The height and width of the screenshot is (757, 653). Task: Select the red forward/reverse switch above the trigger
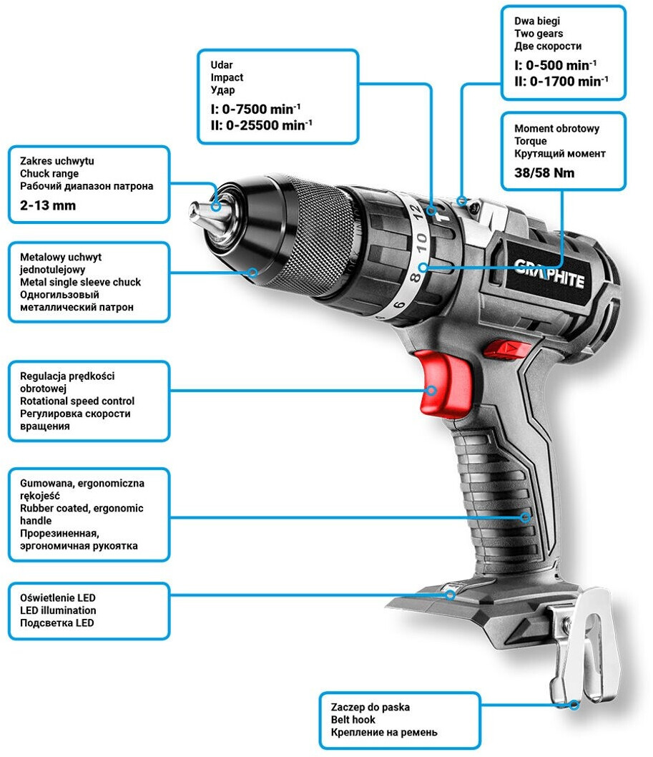(x=507, y=348)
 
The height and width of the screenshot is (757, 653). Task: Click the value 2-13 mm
(x=48, y=205)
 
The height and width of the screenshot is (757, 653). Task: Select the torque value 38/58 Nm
(x=544, y=173)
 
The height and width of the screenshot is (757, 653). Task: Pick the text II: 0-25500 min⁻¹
(x=261, y=125)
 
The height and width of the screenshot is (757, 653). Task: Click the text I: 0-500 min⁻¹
(x=556, y=65)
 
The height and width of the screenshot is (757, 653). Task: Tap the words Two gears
(x=539, y=34)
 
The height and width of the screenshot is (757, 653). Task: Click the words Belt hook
(x=353, y=719)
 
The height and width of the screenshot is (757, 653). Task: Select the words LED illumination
(x=58, y=610)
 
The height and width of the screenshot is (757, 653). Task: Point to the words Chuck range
(x=49, y=173)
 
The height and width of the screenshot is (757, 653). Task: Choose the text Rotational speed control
(x=77, y=401)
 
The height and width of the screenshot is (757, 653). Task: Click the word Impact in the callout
(x=227, y=77)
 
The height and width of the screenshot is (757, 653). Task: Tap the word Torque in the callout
(x=531, y=141)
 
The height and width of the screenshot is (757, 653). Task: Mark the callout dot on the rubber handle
(x=525, y=517)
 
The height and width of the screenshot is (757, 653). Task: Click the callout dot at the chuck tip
(x=216, y=206)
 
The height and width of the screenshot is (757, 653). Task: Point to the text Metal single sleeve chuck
(x=80, y=282)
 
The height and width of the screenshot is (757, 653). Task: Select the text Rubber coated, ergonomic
(x=82, y=508)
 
